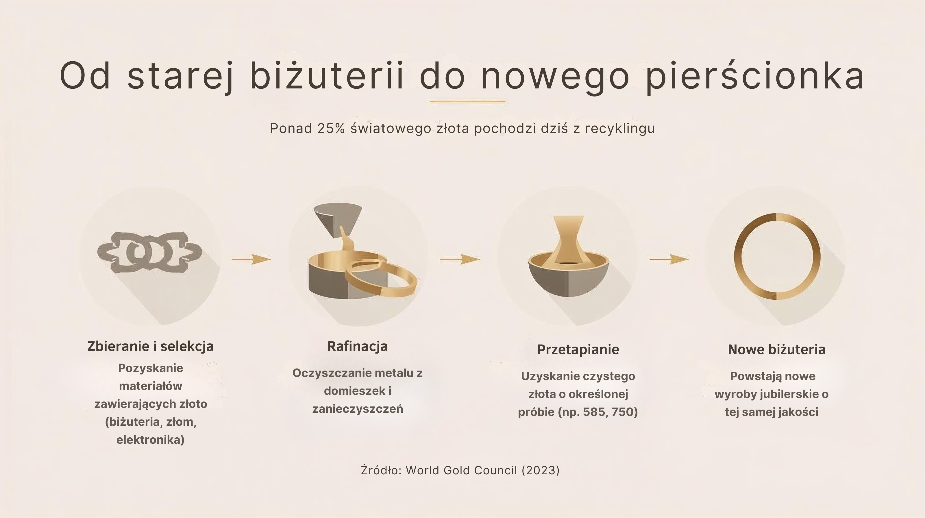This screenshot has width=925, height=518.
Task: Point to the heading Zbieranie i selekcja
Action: (x=150, y=346)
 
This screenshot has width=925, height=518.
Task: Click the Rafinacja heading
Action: (x=357, y=346)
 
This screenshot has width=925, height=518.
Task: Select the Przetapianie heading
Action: (x=578, y=349)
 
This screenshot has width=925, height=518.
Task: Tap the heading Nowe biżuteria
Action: (x=776, y=349)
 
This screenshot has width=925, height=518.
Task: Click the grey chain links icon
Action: (x=149, y=252)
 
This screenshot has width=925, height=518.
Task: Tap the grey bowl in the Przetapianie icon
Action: (x=568, y=282)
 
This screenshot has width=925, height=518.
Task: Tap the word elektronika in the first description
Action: (x=150, y=440)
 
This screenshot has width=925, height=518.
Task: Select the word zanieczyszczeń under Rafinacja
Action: (x=357, y=409)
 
